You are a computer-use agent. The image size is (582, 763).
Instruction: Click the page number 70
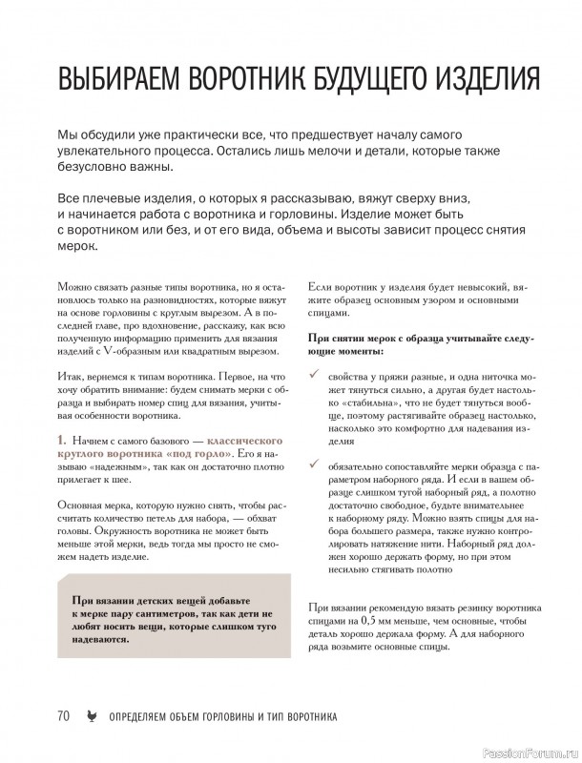tap(64, 716)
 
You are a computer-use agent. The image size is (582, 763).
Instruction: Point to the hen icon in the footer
tap(91, 716)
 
